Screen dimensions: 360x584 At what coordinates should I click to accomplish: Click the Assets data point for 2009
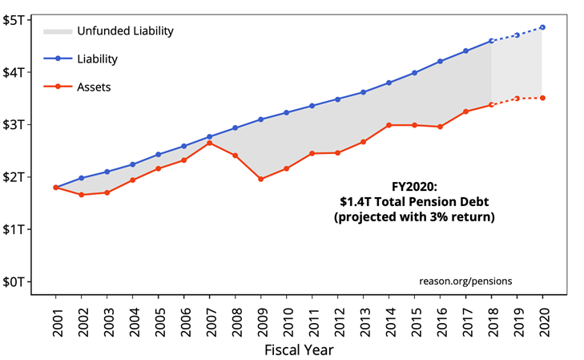pyautogui.click(x=260, y=179)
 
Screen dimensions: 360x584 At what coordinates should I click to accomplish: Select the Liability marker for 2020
pyautogui.click(x=542, y=27)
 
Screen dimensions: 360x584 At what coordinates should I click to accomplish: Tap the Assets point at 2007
pyautogui.click(x=209, y=143)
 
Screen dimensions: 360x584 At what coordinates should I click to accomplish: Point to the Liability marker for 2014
pyautogui.click(x=389, y=83)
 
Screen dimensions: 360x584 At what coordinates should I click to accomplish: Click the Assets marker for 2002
pyautogui.click(x=81, y=195)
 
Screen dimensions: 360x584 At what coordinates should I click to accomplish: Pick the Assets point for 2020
pyautogui.click(x=542, y=98)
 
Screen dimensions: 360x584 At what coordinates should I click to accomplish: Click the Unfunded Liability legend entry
pyautogui.click(x=125, y=31)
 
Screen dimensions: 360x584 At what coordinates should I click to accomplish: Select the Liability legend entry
pyautogui.click(x=98, y=59)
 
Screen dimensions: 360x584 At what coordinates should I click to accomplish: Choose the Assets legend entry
pyautogui.click(x=94, y=87)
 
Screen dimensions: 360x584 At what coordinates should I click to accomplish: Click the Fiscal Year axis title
pyautogui.click(x=298, y=350)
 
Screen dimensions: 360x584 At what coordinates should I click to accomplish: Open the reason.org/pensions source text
pyautogui.click(x=465, y=281)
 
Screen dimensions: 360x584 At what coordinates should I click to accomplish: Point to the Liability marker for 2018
pyautogui.click(x=491, y=41)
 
